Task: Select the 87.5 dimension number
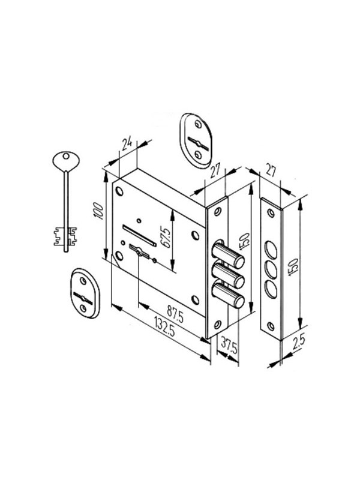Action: pyautogui.click(x=175, y=314)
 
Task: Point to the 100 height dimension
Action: pyautogui.click(x=98, y=211)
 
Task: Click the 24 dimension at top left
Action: pyautogui.click(x=127, y=143)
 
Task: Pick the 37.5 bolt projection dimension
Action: pyautogui.click(x=229, y=345)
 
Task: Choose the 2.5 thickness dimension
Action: pyautogui.click(x=298, y=343)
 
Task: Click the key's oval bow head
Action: pyautogui.click(x=66, y=160)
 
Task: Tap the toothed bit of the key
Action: pyautogui.click(x=65, y=236)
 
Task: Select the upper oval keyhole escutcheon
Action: pyautogui.click(x=196, y=140)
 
